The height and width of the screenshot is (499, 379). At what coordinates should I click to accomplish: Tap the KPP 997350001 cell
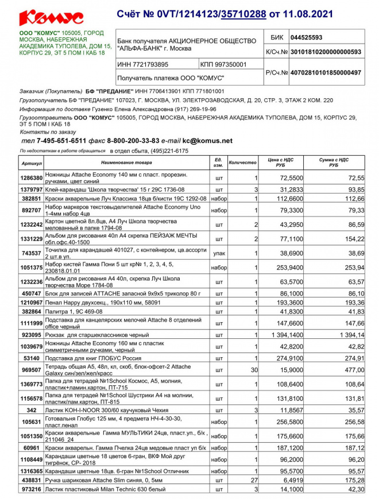point(224,64)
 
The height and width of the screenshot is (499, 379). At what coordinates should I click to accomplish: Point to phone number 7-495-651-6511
point(61,141)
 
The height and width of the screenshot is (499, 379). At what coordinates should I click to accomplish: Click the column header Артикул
point(32,163)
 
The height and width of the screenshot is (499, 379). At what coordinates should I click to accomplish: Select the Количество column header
point(242,163)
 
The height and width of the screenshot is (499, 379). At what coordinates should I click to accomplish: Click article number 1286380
point(32,179)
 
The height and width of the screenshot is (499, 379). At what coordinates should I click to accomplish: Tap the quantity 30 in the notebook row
point(254,370)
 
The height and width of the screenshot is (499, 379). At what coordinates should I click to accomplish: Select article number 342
point(32,410)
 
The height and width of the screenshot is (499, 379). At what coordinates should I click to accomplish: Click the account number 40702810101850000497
point(325,72)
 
